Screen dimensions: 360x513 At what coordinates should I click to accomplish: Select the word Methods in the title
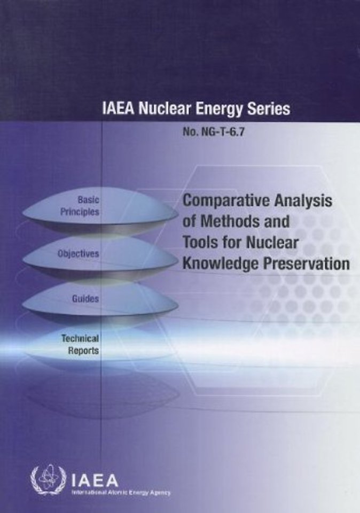pyautogui.click(x=229, y=221)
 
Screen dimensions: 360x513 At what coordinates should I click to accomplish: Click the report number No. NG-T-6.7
pyautogui.click(x=214, y=132)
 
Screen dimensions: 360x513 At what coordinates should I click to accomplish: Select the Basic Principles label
pyautogui.click(x=80, y=205)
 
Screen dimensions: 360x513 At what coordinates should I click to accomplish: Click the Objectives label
pyautogui.click(x=78, y=253)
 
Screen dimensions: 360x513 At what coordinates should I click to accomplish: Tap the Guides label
pyautogui.click(x=85, y=298)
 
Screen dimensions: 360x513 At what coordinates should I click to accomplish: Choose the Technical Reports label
pyautogui.click(x=81, y=344)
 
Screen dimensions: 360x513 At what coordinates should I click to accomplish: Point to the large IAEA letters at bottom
pyautogui.click(x=95, y=480)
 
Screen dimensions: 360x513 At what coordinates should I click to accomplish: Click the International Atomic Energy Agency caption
pyautogui.click(x=121, y=492)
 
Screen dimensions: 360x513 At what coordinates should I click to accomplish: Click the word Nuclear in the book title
pyautogui.click(x=272, y=242)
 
